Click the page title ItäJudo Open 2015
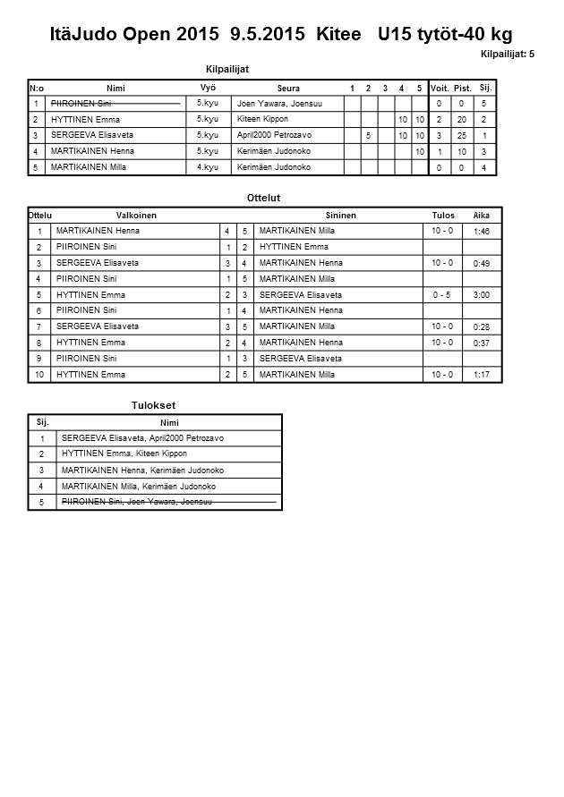pos(134,34)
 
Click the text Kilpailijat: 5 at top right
pos(507,55)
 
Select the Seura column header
pos(288,89)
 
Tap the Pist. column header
pos(462,89)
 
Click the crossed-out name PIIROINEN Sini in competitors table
pos(81,104)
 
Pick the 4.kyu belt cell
pos(207,166)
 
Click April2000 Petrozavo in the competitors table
pos(274,135)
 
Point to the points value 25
pos(462,136)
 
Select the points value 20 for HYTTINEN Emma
pos(462,120)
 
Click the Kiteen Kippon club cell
pos(262,119)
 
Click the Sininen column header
pos(341,216)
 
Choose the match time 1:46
pos(482,232)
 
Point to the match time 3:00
pos(482,294)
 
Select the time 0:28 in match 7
pos(482,327)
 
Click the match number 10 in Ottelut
pos(39,375)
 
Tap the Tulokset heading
pos(153,405)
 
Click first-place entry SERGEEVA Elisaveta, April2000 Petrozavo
pos(142,438)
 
